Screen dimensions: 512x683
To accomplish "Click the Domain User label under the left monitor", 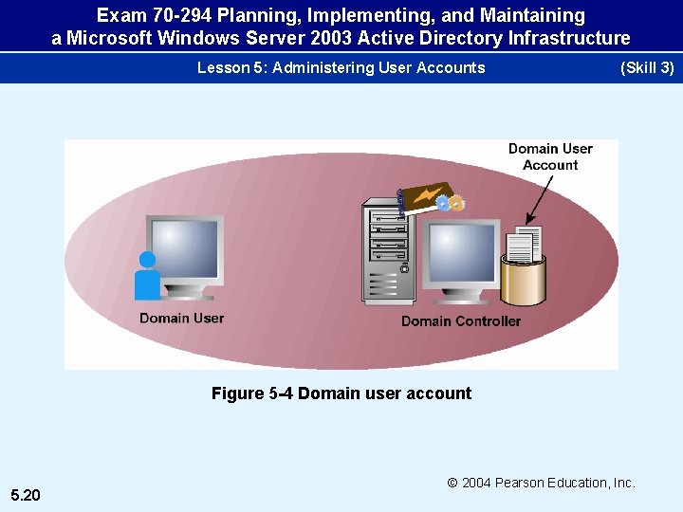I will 181,318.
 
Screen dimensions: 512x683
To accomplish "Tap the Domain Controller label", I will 460,321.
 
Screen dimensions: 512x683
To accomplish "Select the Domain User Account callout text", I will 550,156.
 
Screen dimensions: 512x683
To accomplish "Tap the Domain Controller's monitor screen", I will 462,251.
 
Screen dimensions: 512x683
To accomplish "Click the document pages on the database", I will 523,245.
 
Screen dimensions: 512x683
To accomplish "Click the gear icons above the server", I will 452,202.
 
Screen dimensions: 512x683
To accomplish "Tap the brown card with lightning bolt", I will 421,195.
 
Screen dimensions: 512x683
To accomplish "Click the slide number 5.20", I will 26,495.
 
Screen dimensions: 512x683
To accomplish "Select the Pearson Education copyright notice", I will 541,483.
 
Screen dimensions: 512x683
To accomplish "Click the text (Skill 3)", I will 646,67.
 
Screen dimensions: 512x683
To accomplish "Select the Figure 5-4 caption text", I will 341,393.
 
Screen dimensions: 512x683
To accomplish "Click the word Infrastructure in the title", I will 568,38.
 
